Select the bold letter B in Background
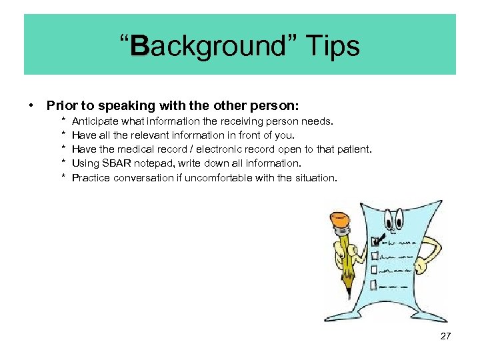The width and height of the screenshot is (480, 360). coord(140,46)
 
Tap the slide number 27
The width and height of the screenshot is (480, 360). coord(445,337)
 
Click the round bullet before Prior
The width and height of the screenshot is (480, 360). coord(31,105)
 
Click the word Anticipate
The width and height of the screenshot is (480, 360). coord(94,121)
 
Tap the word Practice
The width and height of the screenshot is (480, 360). coord(91,177)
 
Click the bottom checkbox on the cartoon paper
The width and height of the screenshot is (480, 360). coord(373,284)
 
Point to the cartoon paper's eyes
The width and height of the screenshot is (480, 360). coord(395,217)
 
